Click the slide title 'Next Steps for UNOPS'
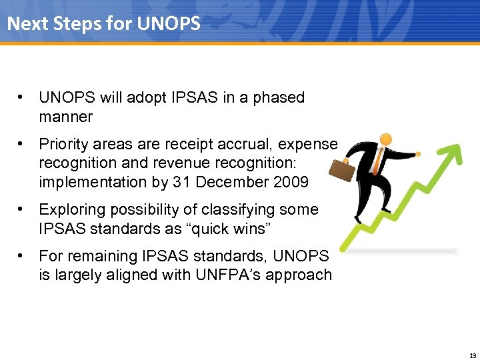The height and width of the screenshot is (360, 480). coord(103,24)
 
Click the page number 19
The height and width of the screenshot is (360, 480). coord(472,355)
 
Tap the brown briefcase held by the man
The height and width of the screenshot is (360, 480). coord(341,169)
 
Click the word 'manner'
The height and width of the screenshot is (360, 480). coord(65,117)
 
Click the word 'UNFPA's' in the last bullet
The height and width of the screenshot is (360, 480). coord(232,275)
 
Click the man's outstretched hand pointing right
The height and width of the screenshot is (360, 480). coord(419,153)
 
